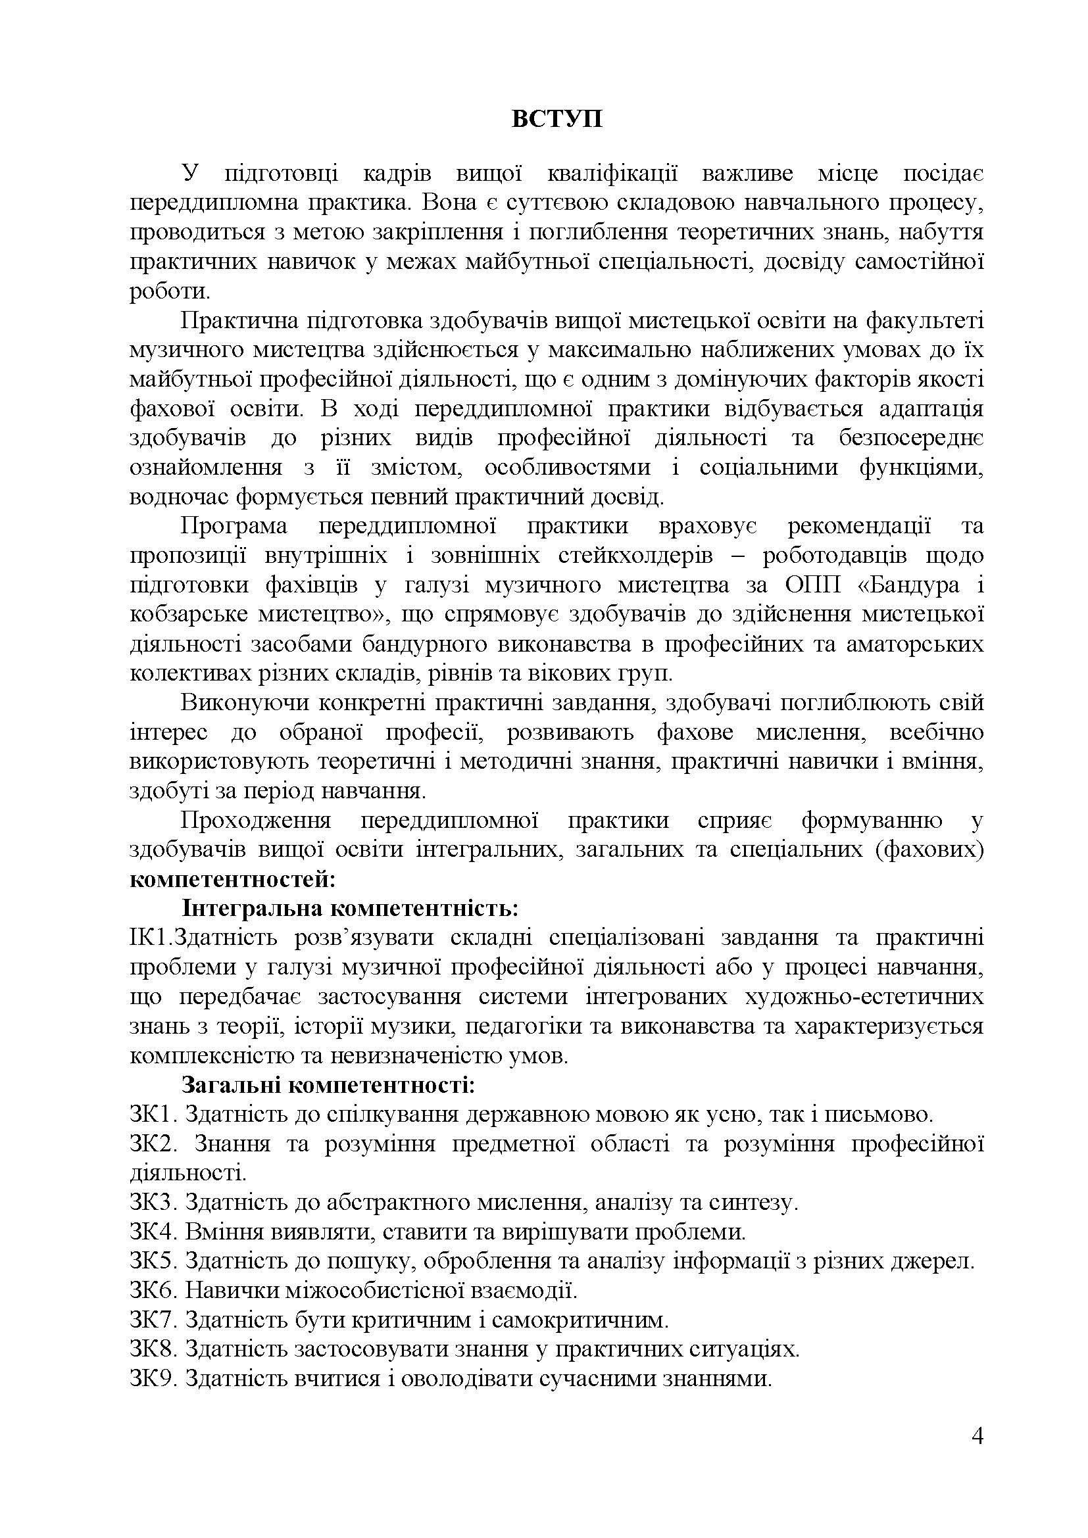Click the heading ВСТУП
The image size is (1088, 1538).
(x=557, y=119)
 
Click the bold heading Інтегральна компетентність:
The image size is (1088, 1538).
(x=351, y=908)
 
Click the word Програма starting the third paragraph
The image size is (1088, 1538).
(x=234, y=526)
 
